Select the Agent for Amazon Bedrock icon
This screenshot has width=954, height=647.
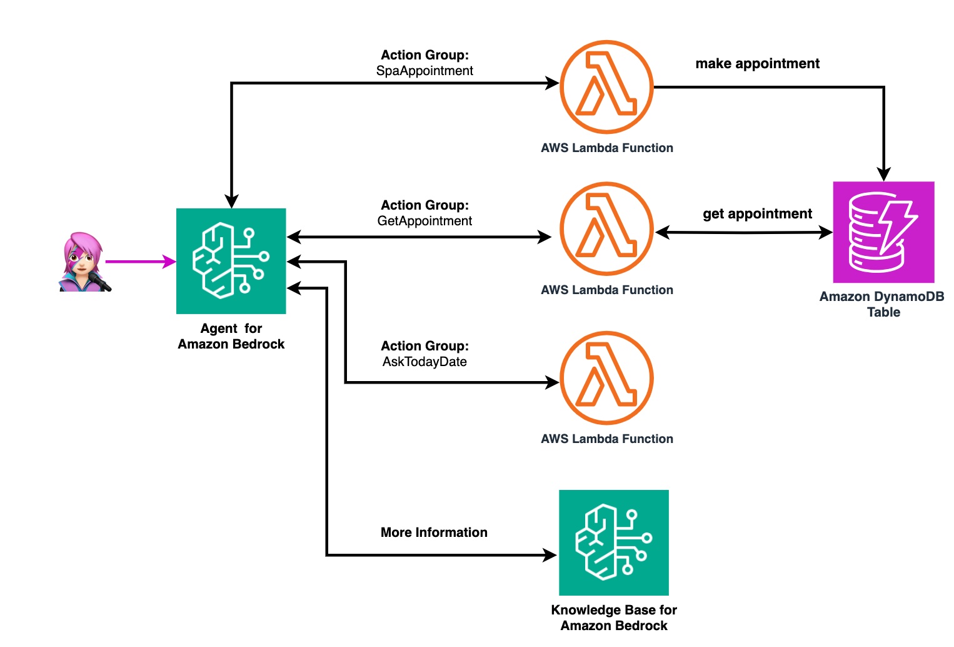pyautogui.click(x=231, y=261)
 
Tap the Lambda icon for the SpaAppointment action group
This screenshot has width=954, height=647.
pyautogui.click(x=606, y=87)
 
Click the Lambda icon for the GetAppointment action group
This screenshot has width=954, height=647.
pyautogui.click(x=606, y=229)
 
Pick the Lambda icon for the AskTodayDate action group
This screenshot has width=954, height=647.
pyautogui.click(x=606, y=378)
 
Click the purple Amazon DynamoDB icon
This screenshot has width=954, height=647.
pyautogui.click(x=883, y=232)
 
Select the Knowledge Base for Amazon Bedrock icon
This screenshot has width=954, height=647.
pyautogui.click(x=613, y=543)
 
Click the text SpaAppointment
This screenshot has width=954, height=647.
pyautogui.click(x=424, y=71)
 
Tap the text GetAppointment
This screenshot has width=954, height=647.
pyautogui.click(x=424, y=221)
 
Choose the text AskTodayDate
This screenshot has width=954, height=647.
pyautogui.click(x=424, y=362)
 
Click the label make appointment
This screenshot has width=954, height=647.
pyautogui.click(x=757, y=64)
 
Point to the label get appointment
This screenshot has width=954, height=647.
pyautogui.click(x=757, y=214)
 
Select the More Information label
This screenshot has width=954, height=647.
pyautogui.click(x=434, y=532)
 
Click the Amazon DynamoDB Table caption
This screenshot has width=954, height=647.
pyautogui.click(x=882, y=304)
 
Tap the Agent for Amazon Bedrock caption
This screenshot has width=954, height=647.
pyautogui.click(x=231, y=336)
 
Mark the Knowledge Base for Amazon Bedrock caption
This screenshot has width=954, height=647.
pyautogui.click(x=614, y=618)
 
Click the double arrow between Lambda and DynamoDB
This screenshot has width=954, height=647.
pyautogui.click(x=744, y=233)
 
